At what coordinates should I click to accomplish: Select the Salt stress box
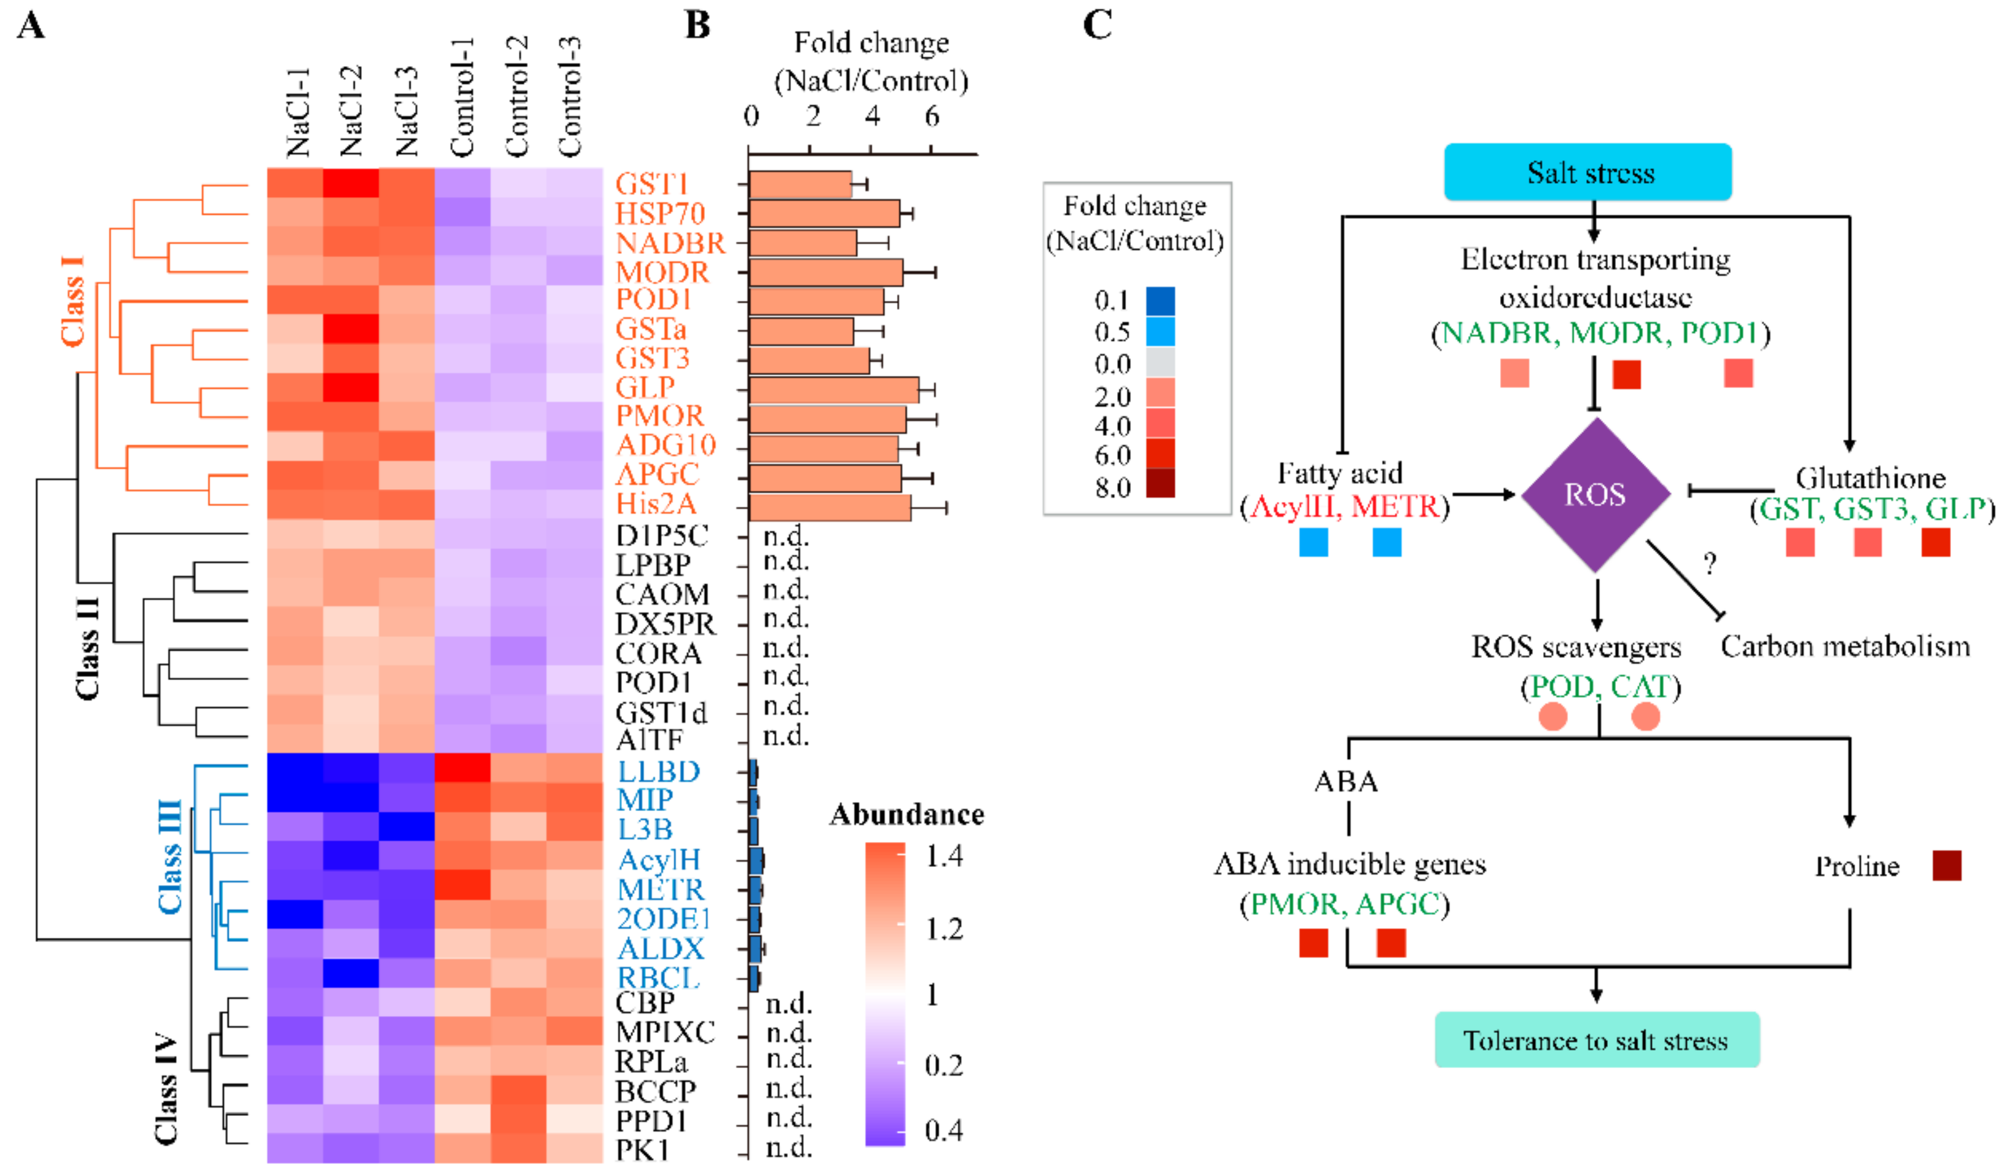[x=1587, y=172]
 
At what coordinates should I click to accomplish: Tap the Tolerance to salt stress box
[x=1596, y=1040]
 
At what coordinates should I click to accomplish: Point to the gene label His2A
[x=656, y=504]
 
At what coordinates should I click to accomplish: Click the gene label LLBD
[x=658, y=771]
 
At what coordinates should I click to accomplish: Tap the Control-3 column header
[x=569, y=96]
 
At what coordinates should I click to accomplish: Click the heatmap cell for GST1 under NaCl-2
[x=351, y=184]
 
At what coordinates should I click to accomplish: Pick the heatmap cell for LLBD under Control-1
[x=463, y=768]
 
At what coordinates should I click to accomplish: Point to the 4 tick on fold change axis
[x=872, y=118]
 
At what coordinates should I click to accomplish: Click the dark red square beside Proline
[x=1946, y=866]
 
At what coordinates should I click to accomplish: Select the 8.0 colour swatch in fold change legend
[x=1160, y=484]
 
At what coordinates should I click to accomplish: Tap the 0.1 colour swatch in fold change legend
[x=1160, y=301]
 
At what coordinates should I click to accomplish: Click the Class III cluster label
[x=170, y=857]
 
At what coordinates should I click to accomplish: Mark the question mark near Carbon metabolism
[x=1709, y=564]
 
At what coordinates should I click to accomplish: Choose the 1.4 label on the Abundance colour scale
[x=944, y=857]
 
